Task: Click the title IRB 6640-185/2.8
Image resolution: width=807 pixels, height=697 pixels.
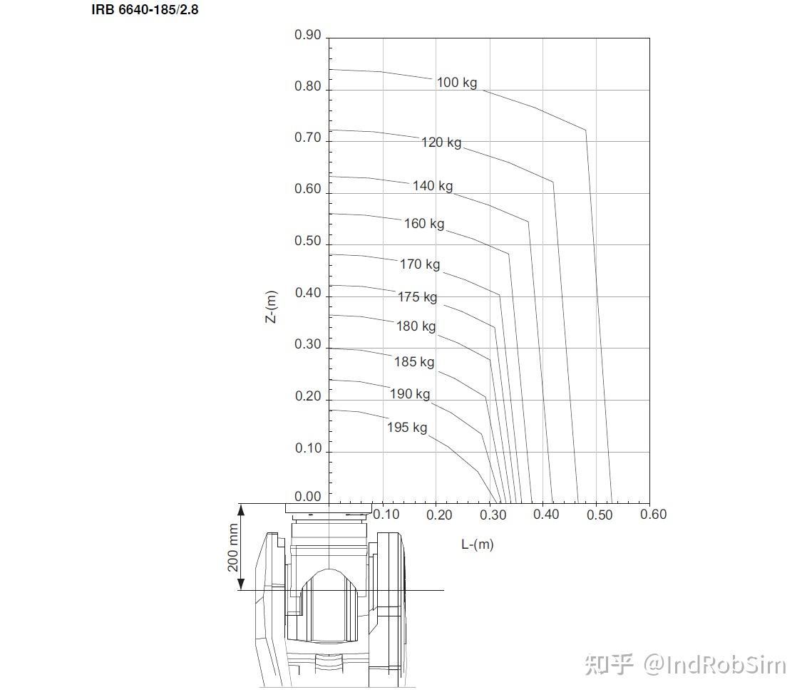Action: pos(145,10)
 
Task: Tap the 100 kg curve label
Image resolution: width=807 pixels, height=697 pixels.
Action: pos(457,83)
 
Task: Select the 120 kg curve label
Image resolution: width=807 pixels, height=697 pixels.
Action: pos(441,143)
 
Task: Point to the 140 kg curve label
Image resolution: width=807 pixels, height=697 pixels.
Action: pos(433,186)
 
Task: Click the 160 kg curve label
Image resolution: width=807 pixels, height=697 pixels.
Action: pos(424,224)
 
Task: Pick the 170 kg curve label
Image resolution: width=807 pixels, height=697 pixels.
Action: pos(420,264)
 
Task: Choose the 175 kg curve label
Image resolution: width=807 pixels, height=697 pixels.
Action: pos(417,297)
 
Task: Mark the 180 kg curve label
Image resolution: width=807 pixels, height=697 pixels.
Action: pos(416,326)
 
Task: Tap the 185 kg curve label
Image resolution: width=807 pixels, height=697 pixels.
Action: pos(414,362)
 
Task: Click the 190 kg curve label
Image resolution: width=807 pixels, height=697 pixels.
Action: pos(410,394)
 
